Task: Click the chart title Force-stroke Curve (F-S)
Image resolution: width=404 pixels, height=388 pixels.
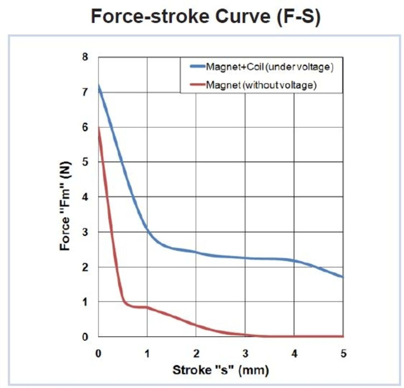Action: [x=206, y=16]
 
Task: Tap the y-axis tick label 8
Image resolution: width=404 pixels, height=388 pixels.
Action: [x=85, y=57]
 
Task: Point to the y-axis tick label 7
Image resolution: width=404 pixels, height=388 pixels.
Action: [x=85, y=92]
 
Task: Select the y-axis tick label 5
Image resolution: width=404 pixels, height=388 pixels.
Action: [x=85, y=162]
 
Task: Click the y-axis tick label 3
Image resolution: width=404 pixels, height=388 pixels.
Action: [x=85, y=232]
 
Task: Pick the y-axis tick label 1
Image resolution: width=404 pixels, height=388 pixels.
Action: [x=85, y=302]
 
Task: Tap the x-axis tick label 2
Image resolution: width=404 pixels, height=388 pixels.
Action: [x=196, y=353]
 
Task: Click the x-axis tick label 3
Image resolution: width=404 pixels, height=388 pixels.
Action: [x=245, y=353]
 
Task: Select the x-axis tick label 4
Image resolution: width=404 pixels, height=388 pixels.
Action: [x=294, y=353]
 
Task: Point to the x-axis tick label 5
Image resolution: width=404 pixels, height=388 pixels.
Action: [x=343, y=353]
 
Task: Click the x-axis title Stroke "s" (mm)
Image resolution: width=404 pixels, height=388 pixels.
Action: [x=221, y=370]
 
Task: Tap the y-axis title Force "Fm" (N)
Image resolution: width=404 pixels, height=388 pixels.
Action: [x=65, y=206]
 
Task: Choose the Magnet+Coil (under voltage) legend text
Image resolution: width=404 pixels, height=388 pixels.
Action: [x=269, y=67]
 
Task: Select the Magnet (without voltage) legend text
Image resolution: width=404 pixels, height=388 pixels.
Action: [x=261, y=85]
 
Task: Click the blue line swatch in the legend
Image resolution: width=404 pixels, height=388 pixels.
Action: [x=197, y=66]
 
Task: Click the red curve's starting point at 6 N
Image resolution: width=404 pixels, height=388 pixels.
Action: [x=99, y=128]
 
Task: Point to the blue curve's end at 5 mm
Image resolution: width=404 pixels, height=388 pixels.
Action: [x=343, y=277]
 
